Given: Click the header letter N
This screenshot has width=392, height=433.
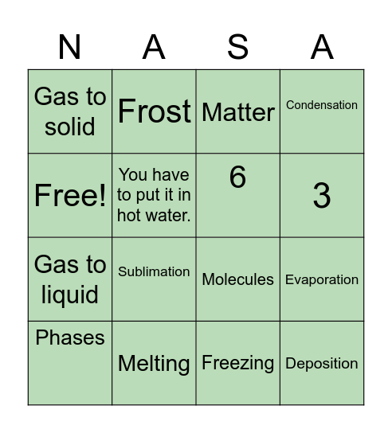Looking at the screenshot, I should pyautogui.click(x=70, y=48).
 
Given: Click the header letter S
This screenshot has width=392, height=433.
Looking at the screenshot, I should pyautogui.click(x=237, y=48).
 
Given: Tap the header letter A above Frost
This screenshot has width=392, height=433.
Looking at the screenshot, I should pyautogui.click(x=154, y=48).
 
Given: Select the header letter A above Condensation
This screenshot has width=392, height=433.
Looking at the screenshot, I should pyautogui.click(x=322, y=48).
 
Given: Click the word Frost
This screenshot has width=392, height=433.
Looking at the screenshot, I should pyautogui.click(x=154, y=111).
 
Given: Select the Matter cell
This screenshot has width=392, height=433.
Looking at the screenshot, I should pyautogui.click(x=237, y=112).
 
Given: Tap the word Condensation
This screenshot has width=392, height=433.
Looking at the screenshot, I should pyautogui.click(x=322, y=105).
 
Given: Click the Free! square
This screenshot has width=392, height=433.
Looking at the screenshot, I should pyautogui.click(x=70, y=196).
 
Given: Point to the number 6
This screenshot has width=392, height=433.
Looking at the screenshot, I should pyautogui.click(x=237, y=177).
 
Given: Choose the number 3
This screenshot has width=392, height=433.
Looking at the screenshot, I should pyautogui.click(x=322, y=196).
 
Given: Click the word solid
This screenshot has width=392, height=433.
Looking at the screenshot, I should pyautogui.click(x=70, y=127).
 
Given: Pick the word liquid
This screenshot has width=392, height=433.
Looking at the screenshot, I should pyautogui.click(x=70, y=295).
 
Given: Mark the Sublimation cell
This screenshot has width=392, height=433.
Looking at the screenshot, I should pyautogui.click(x=154, y=271).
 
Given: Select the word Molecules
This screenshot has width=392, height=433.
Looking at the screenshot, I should pyautogui.click(x=237, y=279).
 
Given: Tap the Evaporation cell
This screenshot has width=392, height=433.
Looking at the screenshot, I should pyautogui.click(x=322, y=279).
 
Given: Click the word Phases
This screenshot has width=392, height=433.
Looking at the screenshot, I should pyautogui.click(x=70, y=337).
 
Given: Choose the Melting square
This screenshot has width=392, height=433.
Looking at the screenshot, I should pyautogui.click(x=154, y=364).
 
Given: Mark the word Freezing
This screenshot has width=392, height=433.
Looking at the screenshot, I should pyautogui.click(x=237, y=363).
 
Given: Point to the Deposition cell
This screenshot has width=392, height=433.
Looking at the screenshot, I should pyautogui.click(x=322, y=364).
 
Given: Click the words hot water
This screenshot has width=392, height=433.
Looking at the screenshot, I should pyautogui.click(x=154, y=215).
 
